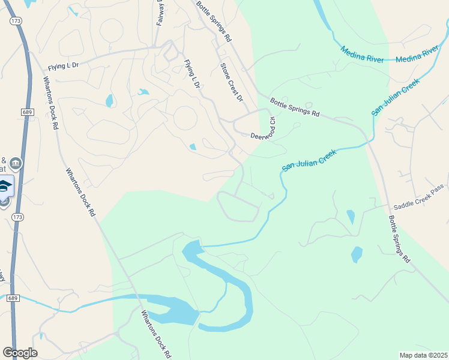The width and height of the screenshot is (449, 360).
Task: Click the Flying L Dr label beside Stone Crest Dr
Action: (x=191, y=74)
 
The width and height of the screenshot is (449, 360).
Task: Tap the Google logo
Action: (x=20, y=353)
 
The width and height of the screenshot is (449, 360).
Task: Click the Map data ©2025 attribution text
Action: (x=423, y=355)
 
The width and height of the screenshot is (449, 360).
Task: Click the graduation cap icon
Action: (x=5, y=187)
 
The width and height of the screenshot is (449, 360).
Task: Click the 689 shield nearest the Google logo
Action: (x=13, y=298)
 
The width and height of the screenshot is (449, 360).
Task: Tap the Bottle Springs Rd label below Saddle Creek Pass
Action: (x=399, y=239)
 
